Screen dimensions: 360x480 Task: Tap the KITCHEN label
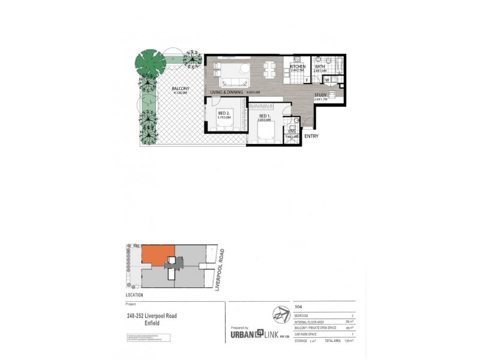click(298, 66)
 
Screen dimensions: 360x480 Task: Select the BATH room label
click(319, 66)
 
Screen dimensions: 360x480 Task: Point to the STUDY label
click(321, 94)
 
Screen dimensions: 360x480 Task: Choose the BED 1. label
click(265, 116)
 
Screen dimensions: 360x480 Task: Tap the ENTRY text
click(311, 137)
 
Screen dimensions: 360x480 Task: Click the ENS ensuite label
click(292, 131)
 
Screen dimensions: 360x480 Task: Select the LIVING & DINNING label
click(227, 92)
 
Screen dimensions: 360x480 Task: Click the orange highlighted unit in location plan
click(158, 256)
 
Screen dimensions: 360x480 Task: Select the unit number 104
click(298, 306)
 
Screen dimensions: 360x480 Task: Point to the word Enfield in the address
click(155, 324)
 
